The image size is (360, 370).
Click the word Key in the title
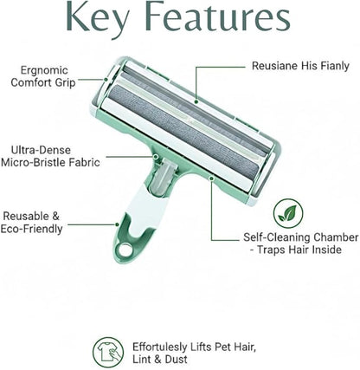(x=97, y=18)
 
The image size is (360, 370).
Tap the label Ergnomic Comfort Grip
(x=43, y=76)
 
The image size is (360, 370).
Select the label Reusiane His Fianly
(x=300, y=66)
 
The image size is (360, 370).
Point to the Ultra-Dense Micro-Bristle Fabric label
(x=50, y=156)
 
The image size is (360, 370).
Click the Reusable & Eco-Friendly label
(x=31, y=223)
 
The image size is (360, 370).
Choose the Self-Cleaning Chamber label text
(x=300, y=243)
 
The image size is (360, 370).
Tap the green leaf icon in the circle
(x=288, y=213)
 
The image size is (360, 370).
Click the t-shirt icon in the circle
(x=108, y=352)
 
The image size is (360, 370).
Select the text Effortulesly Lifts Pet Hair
(x=194, y=347)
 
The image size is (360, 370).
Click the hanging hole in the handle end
(x=124, y=250)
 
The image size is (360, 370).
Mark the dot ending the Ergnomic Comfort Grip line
(x=106, y=79)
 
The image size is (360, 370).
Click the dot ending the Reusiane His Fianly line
(x=196, y=101)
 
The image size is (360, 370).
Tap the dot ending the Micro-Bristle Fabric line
(x=156, y=157)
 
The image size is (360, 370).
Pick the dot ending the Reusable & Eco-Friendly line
(x=117, y=224)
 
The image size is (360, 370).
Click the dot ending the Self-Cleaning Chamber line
(x=211, y=179)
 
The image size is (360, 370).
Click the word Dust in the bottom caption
(x=176, y=360)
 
